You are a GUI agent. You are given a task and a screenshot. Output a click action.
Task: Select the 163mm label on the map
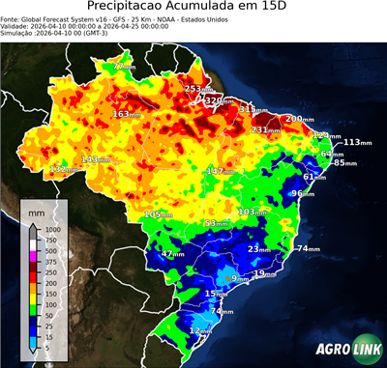(125, 114)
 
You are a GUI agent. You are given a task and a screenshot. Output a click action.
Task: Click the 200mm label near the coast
(297, 119)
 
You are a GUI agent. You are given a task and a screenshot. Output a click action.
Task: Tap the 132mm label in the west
(63, 169)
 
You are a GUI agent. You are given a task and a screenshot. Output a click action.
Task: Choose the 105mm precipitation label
(156, 213)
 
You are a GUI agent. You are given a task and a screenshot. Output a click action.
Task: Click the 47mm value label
(172, 254)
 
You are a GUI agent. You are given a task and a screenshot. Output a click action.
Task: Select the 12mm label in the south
(199, 330)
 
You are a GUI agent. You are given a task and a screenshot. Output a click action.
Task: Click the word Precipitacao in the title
(132, 7)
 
